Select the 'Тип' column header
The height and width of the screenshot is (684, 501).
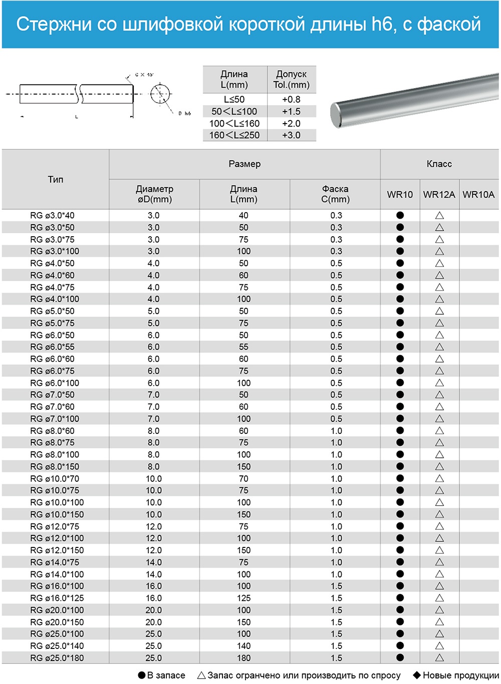click(x=56, y=179)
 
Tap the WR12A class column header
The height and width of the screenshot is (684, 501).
click(x=439, y=195)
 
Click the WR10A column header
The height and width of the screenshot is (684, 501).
click(x=478, y=195)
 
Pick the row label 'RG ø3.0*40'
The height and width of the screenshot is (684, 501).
click(x=52, y=216)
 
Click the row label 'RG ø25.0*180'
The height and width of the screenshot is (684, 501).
click(x=57, y=658)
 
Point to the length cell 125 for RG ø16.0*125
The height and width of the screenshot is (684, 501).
click(x=244, y=598)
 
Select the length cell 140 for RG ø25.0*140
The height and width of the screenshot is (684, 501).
click(x=244, y=646)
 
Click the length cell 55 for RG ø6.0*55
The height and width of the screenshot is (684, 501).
click(x=243, y=347)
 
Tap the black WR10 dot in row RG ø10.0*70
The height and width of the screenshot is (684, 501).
click(x=400, y=478)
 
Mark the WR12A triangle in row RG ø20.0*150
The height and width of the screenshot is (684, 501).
click(x=439, y=622)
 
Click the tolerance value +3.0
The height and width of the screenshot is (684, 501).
click(x=291, y=135)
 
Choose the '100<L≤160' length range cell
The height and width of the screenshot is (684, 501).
click(x=234, y=123)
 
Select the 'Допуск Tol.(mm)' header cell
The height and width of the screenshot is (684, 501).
click(x=291, y=80)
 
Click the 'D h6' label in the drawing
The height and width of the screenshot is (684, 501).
click(x=184, y=114)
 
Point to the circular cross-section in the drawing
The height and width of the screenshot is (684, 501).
click(x=160, y=94)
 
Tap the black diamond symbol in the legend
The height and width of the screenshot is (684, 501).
click(x=417, y=675)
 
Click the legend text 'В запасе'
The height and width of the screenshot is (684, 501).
click(x=166, y=675)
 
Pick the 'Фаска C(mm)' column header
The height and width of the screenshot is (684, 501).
click(x=335, y=194)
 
